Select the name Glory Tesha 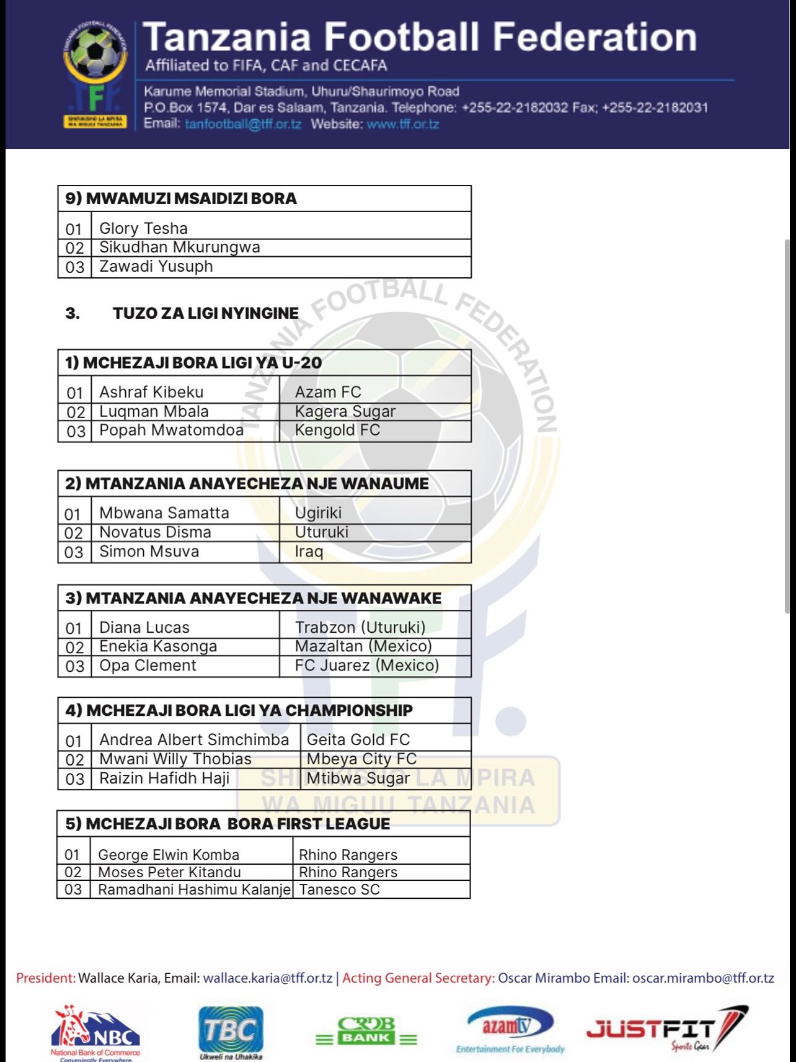143,228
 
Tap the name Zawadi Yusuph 156,267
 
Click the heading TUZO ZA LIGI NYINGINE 205,313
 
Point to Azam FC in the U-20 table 327,392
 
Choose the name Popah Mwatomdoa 171,431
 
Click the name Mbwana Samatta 164,513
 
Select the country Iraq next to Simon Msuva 309,551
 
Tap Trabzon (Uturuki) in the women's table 360,627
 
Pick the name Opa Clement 148,666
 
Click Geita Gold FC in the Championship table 358,739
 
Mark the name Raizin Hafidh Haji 164,778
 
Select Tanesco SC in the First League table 339,890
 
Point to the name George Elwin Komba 168,855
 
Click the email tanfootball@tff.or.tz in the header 242,124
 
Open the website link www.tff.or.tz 402,124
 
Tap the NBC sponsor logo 95,1031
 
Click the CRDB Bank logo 366,1031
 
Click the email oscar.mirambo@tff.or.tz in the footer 703,978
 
